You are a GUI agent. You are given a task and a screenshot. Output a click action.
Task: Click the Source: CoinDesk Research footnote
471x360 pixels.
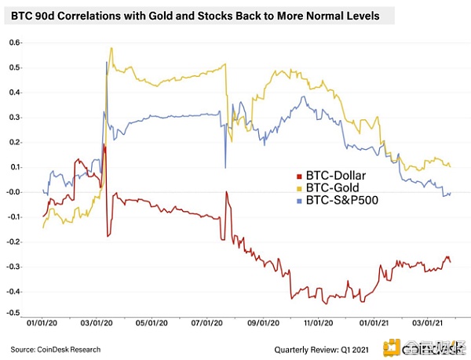(x=56, y=347)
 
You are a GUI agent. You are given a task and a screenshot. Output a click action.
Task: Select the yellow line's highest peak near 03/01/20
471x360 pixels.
(x=111, y=48)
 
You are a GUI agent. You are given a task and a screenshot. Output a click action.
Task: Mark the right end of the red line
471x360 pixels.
(x=450, y=262)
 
